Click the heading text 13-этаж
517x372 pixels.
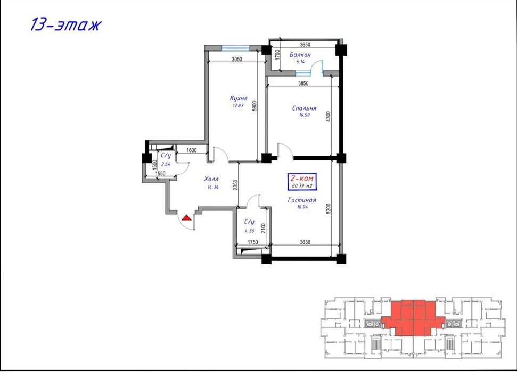pyautogui.click(x=65, y=24)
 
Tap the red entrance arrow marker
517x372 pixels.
pyautogui.click(x=186, y=217)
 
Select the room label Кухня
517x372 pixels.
pyautogui.click(x=238, y=98)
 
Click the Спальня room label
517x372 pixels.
pyautogui.click(x=304, y=108)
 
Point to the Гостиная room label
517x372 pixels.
pyautogui.click(x=302, y=200)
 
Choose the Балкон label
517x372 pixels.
pyautogui.click(x=300, y=55)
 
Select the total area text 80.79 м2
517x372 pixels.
pyautogui.click(x=302, y=186)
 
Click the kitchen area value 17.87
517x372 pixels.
pyautogui.click(x=237, y=105)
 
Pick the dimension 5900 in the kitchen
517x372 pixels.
pyautogui.click(x=255, y=106)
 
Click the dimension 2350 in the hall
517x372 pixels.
pyautogui.click(x=235, y=185)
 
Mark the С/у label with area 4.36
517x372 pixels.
pyautogui.click(x=249, y=222)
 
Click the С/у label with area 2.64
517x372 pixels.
pyautogui.click(x=166, y=156)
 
